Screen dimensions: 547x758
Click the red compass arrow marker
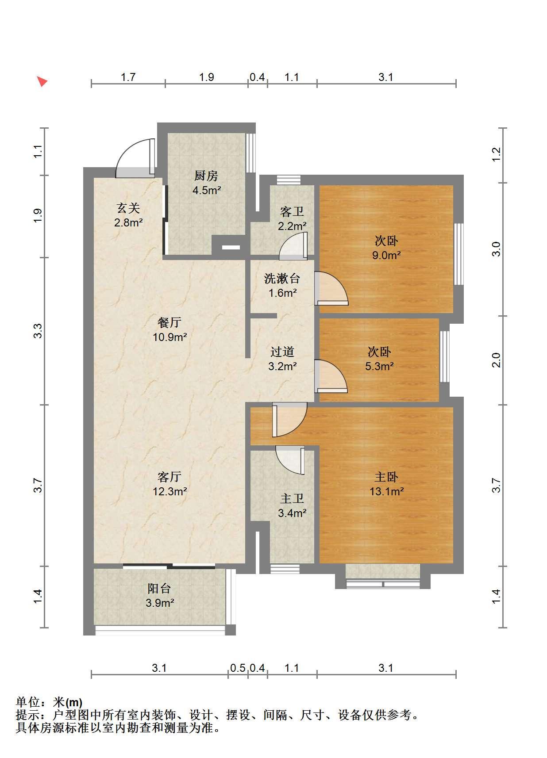tap(42, 81)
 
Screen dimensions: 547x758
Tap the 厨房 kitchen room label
tap(206, 176)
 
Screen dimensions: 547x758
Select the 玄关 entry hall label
tap(128, 208)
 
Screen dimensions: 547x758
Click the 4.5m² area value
tap(207, 190)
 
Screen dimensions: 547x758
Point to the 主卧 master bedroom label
tap(386, 477)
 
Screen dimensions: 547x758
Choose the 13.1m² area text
tap(386, 491)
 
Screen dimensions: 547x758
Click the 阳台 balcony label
tap(159, 589)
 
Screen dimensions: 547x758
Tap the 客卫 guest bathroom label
tap(292, 211)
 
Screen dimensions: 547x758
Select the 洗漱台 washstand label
tap(282, 279)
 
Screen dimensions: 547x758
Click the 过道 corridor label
tap(282, 352)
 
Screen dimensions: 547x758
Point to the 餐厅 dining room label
tap(169, 322)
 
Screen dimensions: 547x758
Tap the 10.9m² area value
tap(169, 337)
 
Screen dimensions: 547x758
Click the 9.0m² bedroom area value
tap(386, 255)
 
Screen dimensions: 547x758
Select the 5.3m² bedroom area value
tap(379, 366)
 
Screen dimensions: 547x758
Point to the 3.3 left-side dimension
tap(38, 331)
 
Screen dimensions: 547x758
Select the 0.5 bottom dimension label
tap(238, 668)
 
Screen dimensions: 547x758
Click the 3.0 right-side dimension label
tap(496, 249)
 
